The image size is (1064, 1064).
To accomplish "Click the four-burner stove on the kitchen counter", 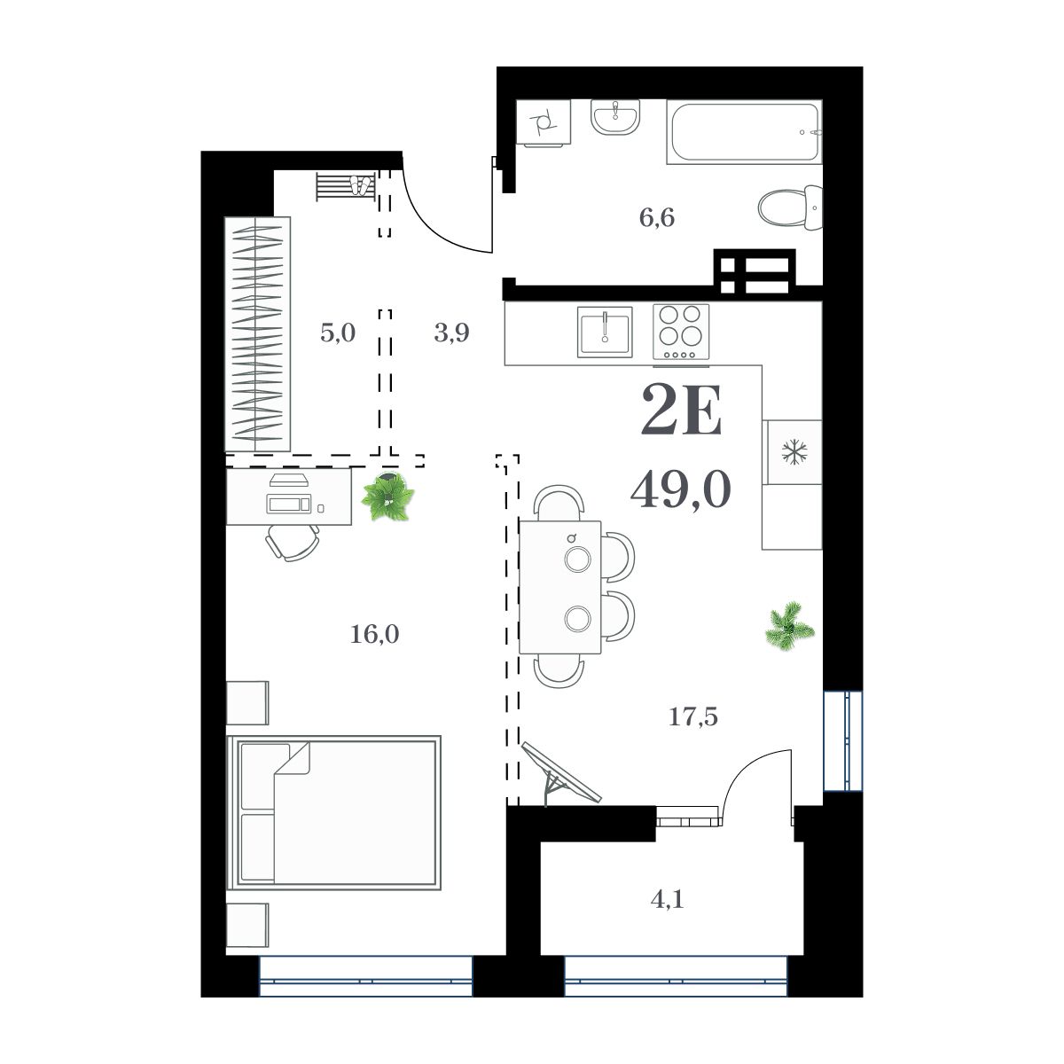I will pos(681,332).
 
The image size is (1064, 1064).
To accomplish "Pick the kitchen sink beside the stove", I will pos(605,332).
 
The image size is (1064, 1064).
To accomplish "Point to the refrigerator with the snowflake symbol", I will pos(793,452).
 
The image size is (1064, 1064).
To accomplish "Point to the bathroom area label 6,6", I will pos(657,217).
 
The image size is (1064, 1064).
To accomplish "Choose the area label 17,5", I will pos(692,716).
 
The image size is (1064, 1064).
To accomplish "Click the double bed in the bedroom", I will pos(334,812).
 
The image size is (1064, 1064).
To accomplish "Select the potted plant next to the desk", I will pos(387,497).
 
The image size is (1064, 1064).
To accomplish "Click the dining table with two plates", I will pos(560,587).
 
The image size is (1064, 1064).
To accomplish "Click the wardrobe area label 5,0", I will pos(337,333).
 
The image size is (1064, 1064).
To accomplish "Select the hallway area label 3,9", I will pos(451,333).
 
